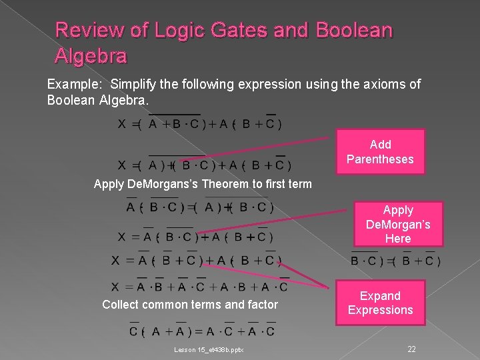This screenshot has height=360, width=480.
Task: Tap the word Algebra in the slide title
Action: (91, 56)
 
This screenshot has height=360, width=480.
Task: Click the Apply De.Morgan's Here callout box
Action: (398, 224)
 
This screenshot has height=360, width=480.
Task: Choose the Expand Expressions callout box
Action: (380, 303)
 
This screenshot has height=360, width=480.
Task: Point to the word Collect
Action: (121, 305)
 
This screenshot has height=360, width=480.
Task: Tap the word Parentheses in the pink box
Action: (380, 159)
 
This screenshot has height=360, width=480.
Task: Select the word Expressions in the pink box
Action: (380, 310)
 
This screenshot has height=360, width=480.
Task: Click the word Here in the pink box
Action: (398, 238)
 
